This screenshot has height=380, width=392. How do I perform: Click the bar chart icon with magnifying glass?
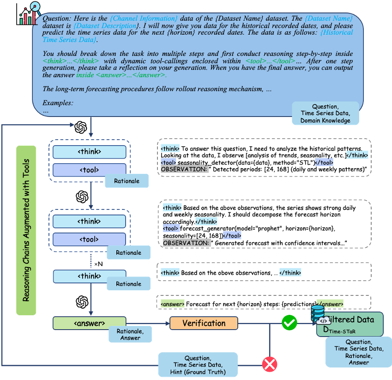click(x=29, y=14)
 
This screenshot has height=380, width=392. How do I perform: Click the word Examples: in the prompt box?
click(x=58, y=103)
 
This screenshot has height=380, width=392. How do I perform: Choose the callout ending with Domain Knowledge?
click(x=325, y=114)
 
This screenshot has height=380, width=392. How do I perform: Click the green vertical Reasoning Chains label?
click(x=26, y=230)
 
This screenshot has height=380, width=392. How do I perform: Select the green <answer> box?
click(x=90, y=323)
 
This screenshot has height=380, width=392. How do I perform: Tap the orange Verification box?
click(x=204, y=323)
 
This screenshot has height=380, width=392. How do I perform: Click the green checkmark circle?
click(x=289, y=323)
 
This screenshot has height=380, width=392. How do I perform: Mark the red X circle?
click(x=270, y=364)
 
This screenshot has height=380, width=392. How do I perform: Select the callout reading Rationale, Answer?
click(x=130, y=334)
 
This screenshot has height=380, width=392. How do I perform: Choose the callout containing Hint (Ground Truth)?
click(x=198, y=365)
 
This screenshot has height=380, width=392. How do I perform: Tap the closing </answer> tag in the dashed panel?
click(x=330, y=304)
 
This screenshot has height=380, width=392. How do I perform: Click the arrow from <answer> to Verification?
click(x=148, y=323)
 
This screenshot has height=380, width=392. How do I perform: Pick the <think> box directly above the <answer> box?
click(x=90, y=276)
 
